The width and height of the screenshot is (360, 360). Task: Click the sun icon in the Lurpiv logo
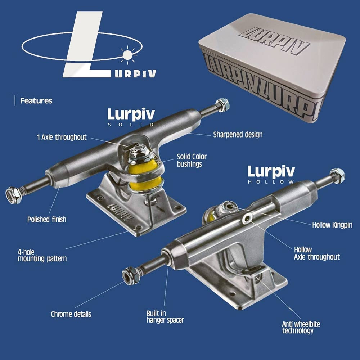[x=127, y=55]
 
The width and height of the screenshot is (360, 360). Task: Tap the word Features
[x=36, y=100]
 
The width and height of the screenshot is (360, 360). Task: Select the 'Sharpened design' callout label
[x=238, y=135]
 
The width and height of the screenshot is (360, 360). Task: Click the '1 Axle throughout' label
[x=62, y=137]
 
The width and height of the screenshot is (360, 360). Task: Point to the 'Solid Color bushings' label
[x=192, y=160]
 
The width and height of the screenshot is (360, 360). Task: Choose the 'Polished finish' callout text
[x=47, y=220]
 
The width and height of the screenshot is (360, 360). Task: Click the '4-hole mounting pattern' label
[x=42, y=255]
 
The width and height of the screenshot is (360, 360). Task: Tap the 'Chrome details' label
[x=71, y=314]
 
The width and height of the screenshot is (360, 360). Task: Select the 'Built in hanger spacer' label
[x=165, y=317]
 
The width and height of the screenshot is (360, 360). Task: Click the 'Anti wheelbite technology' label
[x=301, y=327]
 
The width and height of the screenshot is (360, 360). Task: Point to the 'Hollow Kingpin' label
[x=332, y=225]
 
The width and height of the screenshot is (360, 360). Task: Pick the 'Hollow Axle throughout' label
[x=317, y=253]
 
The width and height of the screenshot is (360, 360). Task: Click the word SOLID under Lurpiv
[x=131, y=125]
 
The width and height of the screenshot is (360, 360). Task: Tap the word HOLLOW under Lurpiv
[x=271, y=182]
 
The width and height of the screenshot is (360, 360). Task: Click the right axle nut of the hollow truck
[x=337, y=176]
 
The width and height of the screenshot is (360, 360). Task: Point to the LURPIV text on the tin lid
[x=275, y=41]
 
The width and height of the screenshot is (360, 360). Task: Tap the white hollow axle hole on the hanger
[x=247, y=219]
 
